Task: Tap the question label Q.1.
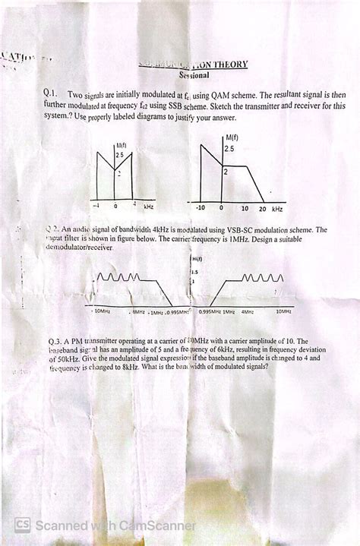click(x=52, y=93)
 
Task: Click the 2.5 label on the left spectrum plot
click(x=119, y=155)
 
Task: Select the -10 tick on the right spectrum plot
click(x=201, y=207)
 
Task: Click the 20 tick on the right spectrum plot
click(x=262, y=207)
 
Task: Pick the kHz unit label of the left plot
click(x=149, y=206)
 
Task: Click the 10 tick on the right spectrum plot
click(x=244, y=207)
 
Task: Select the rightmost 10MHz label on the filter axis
click(x=283, y=311)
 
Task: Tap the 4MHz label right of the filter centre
click(x=248, y=311)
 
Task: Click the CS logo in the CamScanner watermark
click(x=23, y=525)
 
